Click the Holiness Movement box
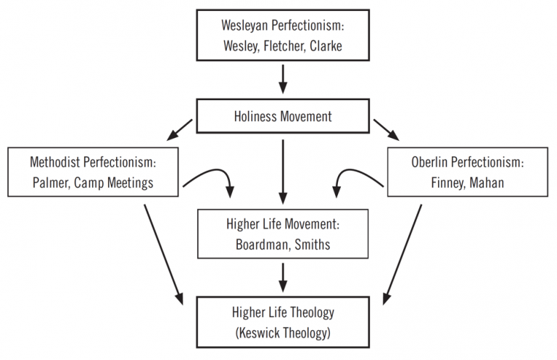pos(282,116)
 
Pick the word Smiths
pos(311,245)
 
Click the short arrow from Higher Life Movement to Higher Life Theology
pos(282,275)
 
